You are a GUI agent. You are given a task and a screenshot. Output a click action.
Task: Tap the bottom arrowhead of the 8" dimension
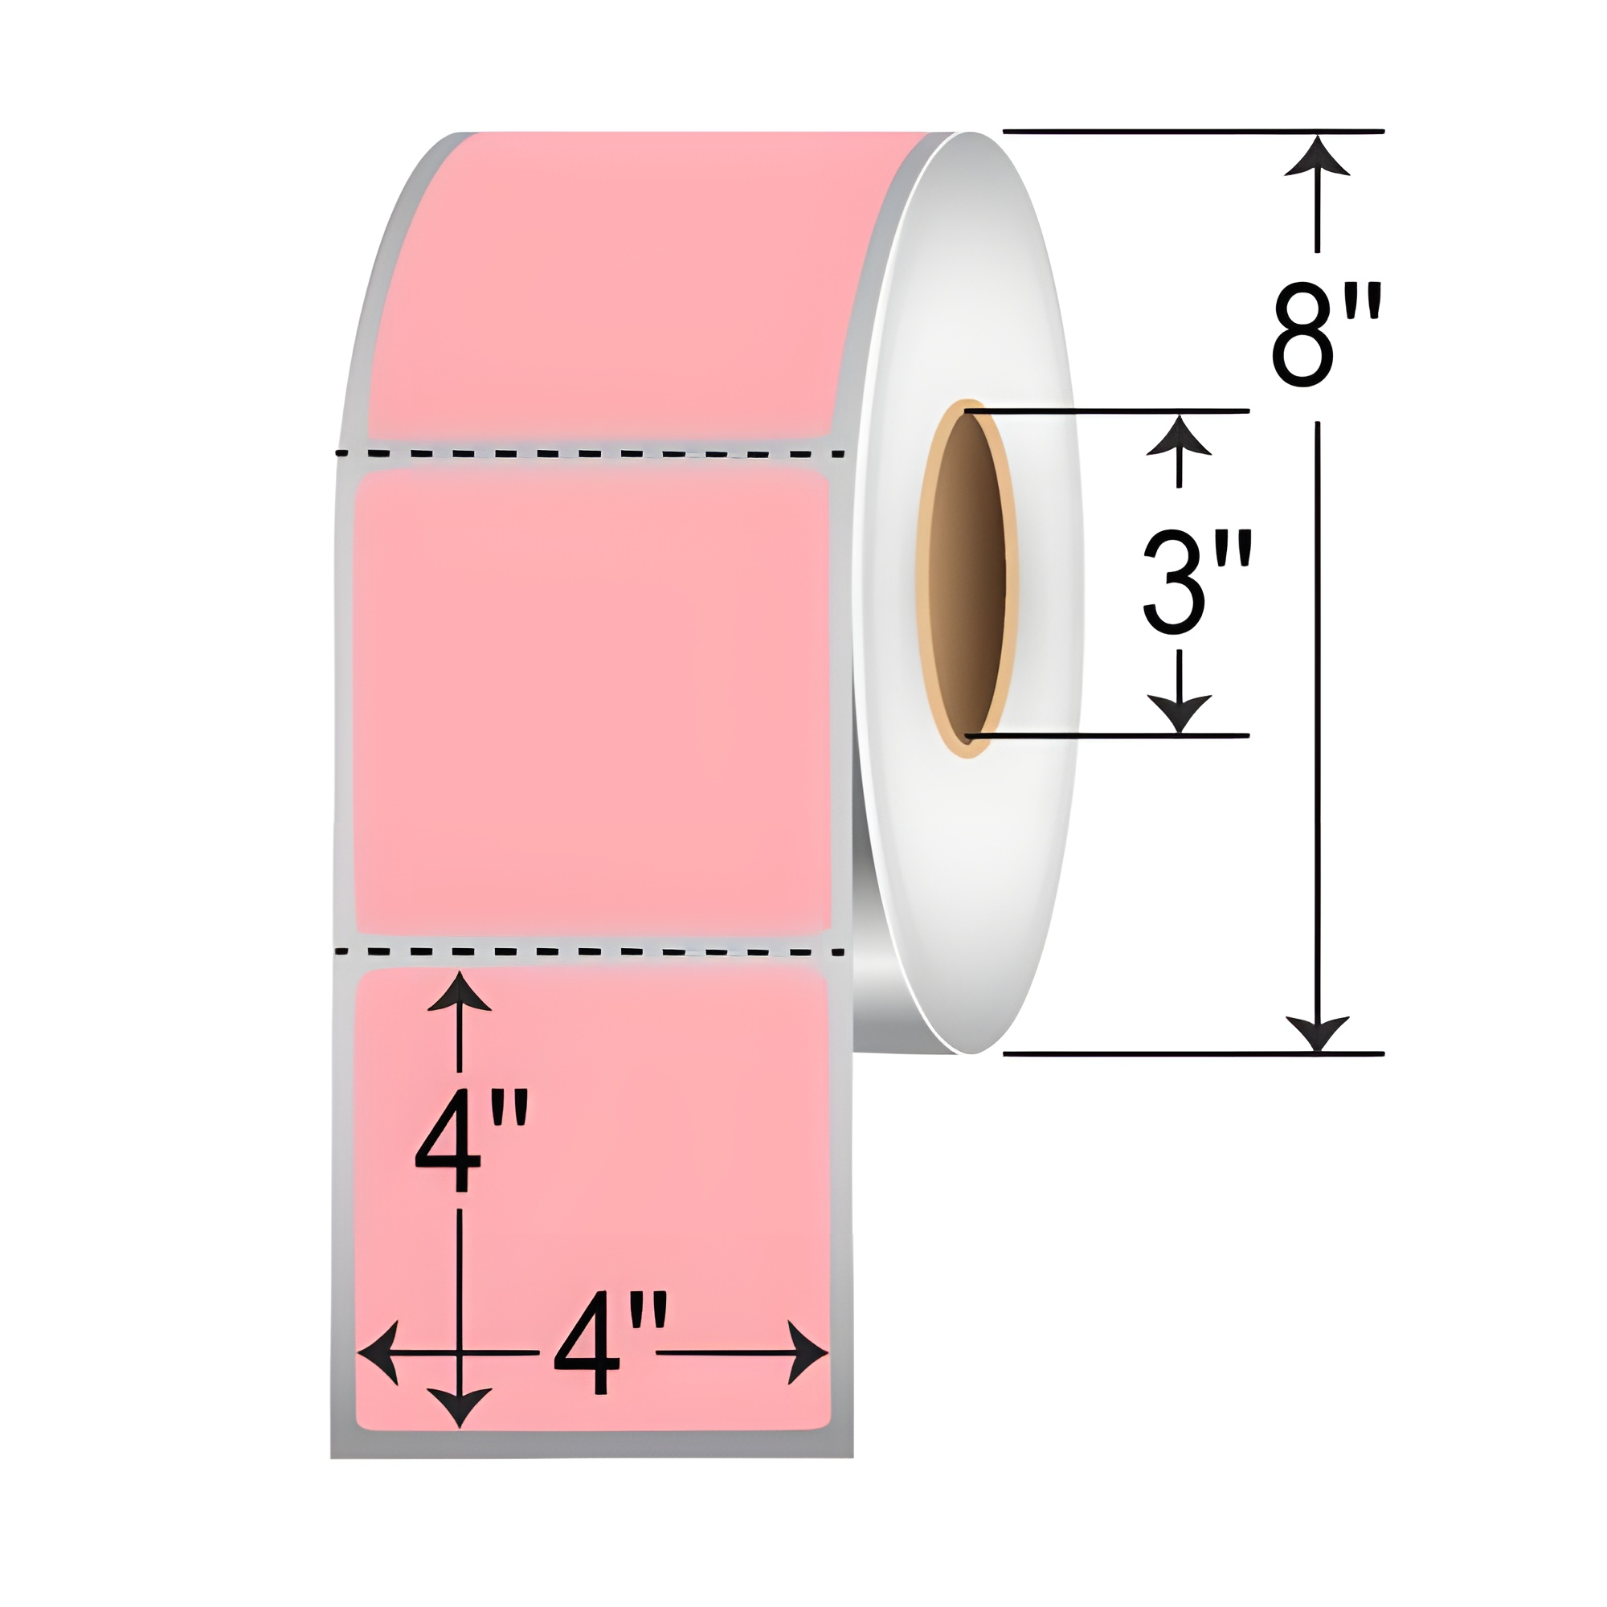point(1317,1032)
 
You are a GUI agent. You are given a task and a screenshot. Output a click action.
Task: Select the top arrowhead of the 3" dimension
point(1178,434)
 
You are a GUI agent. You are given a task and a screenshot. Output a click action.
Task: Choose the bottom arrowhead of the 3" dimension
point(1178,715)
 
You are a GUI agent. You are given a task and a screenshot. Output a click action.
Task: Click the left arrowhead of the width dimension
point(378,1352)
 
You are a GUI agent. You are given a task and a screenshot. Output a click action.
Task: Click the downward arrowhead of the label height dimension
point(459,1405)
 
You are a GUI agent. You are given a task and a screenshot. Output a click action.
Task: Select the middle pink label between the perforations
point(592,699)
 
